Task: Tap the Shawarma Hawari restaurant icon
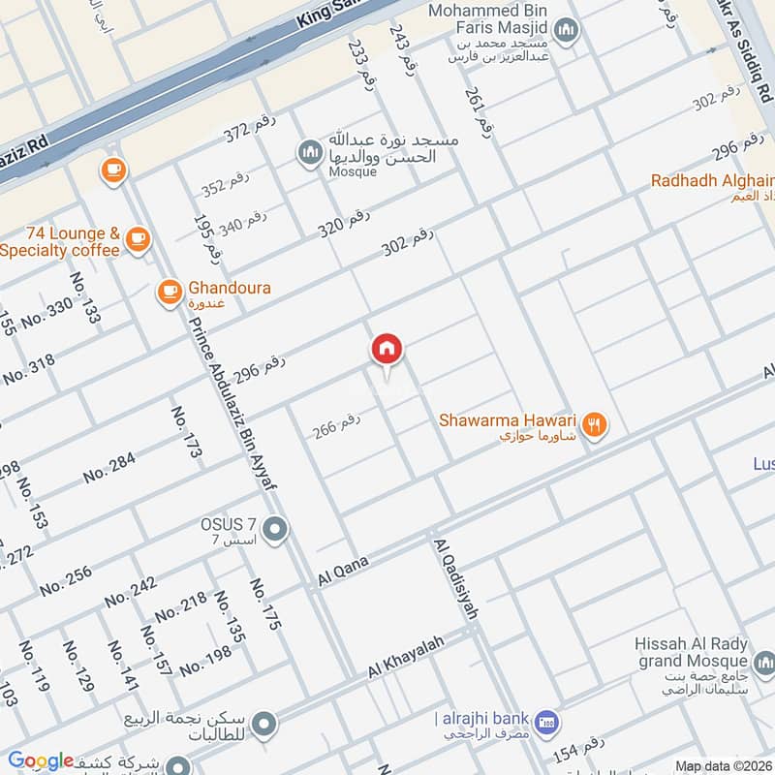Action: (595, 422)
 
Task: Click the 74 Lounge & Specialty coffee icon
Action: (138, 238)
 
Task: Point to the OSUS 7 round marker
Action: (276, 529)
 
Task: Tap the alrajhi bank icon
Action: (547, 722)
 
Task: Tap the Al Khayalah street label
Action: (405, 658)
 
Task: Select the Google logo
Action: (41, 760)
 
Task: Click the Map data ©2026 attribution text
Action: (723, 766)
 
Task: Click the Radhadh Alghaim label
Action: (712, 180)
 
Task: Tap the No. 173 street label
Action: (186, 432)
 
